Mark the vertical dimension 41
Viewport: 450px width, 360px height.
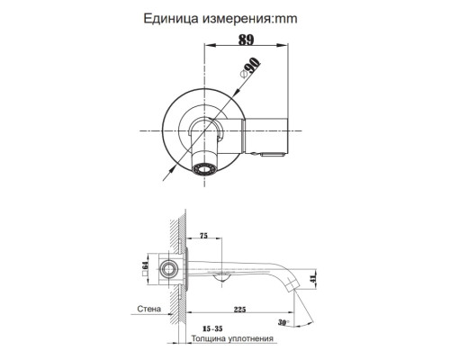[x=312, y=282]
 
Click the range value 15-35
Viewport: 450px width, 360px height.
[x=213, y=329]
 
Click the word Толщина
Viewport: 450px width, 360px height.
[x=210, y=340]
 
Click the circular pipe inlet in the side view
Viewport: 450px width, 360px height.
[x=167, y=268]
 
